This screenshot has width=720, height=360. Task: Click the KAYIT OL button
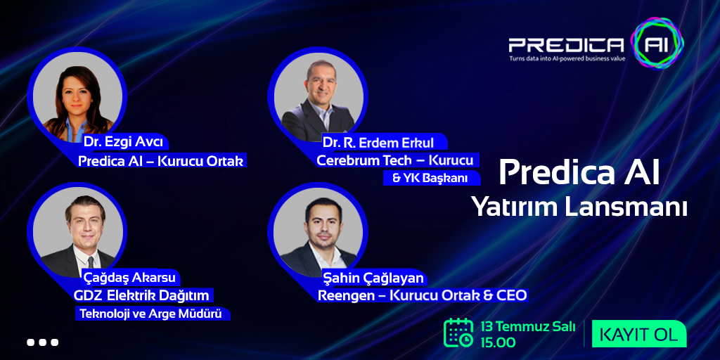pos(638,334)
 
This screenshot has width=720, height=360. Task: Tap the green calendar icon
pos(458,333)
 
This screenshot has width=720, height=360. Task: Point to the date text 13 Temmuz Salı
pos(527,327)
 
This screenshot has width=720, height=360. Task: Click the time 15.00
pos(498,342)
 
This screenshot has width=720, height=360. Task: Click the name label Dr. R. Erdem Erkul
pos(378,143)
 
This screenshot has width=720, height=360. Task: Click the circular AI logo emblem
pos(657,43)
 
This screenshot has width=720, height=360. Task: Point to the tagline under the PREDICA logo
pos(567,58)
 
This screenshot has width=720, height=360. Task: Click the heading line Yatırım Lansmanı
pos(579,207)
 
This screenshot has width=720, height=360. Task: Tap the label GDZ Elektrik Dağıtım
pos(141,295)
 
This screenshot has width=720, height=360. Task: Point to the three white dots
pos(43,342)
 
